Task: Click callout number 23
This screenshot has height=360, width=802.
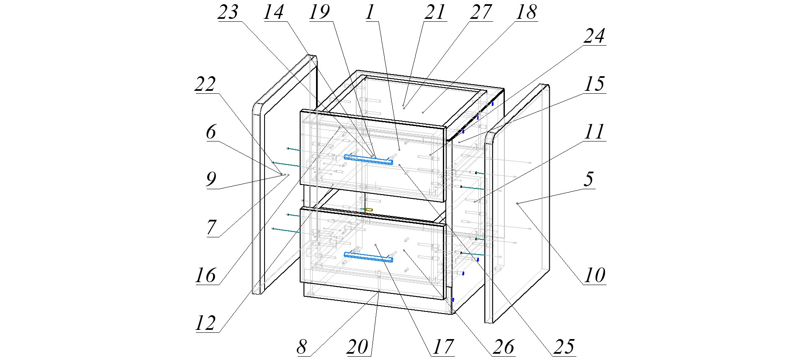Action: coord(228,12)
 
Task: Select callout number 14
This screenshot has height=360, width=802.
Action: coord(274,12)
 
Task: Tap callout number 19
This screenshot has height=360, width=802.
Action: coord(319,12)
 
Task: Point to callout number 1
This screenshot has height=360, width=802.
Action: coord(369,12)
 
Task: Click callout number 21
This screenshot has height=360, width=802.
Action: coord(434,12)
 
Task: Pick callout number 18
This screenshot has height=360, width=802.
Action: coord(526,12)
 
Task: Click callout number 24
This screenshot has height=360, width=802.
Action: coord(594,36)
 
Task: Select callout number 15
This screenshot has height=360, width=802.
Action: coord(594,84)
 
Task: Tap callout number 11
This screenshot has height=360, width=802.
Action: coord(594,132)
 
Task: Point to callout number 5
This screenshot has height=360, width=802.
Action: coord(589,179)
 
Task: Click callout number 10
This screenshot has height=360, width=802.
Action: coord(594,275)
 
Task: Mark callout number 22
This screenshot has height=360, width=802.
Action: coord(205,84)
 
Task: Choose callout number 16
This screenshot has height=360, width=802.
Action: coord(205,275)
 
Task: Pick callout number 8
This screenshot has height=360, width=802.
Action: coord(302,347)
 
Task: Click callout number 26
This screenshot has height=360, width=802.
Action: coord(503,347)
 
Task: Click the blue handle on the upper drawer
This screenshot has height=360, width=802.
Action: coord(368,159)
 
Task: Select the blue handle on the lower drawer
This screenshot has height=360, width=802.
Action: coord(368,257)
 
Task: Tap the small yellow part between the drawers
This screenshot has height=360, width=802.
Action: coord(368,209)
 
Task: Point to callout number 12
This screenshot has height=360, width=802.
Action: coord(205,323)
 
